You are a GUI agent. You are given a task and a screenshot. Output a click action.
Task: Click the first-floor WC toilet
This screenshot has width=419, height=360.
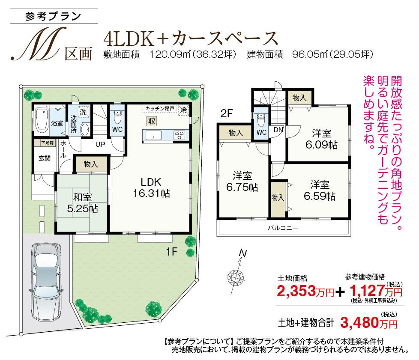click(118, 116)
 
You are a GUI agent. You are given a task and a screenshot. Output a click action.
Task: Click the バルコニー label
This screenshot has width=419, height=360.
click(283, 228)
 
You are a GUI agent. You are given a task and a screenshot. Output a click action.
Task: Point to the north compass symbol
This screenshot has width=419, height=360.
click(236, 272)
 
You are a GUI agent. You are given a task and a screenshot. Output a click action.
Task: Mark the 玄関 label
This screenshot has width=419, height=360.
click(44, 158)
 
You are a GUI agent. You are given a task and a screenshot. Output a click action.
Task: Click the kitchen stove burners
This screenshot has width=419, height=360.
click(179, 135)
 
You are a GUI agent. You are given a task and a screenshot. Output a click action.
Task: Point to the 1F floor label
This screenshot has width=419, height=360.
click(172, 252)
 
